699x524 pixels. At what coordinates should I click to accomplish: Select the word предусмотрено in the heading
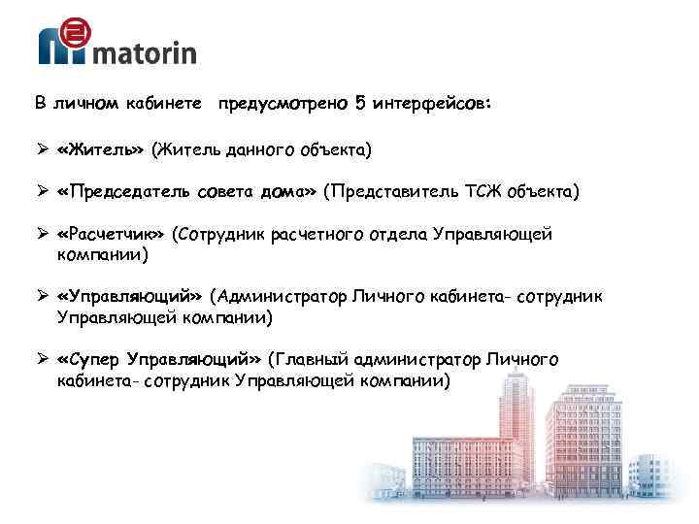[x=285, y=102]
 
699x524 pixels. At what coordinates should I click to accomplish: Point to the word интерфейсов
[x=431, y=102]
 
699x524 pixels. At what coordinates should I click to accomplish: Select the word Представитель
[x=395, y=192]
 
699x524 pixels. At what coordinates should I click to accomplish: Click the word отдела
[x=399, y=234]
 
